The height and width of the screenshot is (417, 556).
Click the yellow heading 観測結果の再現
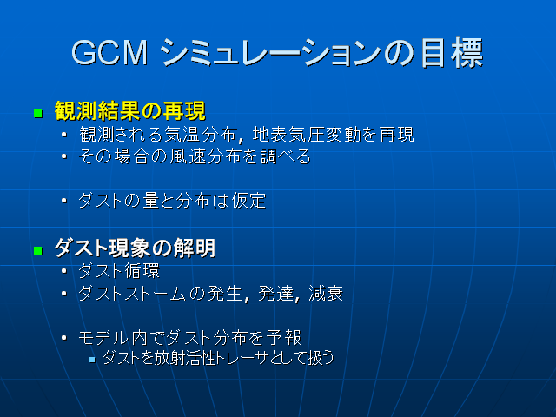pos(129,111)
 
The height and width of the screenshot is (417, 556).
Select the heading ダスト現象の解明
pos(135,248)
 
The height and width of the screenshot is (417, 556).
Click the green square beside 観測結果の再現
pos(37,113)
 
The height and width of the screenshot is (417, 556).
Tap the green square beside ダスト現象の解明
pos(37,250)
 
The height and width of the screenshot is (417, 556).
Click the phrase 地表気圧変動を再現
pos(334,135)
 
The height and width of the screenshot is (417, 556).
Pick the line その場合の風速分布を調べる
pos(194,157)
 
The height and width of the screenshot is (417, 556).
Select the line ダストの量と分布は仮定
pos(171,201)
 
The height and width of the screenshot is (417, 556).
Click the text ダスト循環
pos(119,271)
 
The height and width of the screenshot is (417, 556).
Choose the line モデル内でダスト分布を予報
pos(189,337)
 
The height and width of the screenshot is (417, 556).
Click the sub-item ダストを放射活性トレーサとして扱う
pos(217,357)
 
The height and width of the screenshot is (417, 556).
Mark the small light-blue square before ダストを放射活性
pos(93,358)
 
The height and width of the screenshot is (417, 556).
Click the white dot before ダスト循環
pos(65,272)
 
